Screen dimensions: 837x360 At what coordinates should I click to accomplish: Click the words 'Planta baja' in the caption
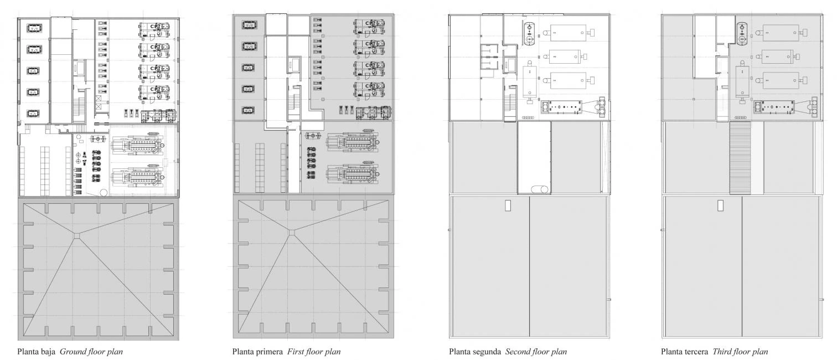tap(36, 352)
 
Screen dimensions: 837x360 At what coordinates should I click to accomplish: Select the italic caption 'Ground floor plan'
tap(91, 352)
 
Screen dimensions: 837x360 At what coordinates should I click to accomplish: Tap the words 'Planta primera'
tap(257, 352)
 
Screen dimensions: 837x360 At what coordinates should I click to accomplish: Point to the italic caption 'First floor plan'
tap(314, 352)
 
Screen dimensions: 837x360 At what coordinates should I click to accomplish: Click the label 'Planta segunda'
tap(475, 352)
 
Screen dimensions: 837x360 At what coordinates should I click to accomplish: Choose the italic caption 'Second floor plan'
tap(536, 352)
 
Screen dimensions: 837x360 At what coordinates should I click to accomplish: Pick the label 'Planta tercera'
tap(684, 352)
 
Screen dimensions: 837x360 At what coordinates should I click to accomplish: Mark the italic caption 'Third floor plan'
tap(740, 352)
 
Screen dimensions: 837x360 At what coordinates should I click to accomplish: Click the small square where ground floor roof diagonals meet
tap(76, 235)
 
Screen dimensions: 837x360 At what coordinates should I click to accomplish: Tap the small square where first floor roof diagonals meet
tap(292, 233)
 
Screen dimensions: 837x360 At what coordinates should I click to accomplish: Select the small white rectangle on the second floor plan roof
tap(508, 205)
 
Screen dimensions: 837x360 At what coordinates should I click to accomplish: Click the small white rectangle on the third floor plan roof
tap(720, 205)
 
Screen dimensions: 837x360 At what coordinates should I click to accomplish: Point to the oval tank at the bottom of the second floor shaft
tap(540, 189)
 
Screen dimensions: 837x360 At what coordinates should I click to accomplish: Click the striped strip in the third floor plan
tap(740, 158)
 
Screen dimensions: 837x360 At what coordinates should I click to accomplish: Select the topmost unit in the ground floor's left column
tap(34, 28)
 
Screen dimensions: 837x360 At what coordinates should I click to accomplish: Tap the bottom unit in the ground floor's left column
tap(33, 113)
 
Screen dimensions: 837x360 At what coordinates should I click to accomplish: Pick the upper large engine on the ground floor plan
tap(137, 144)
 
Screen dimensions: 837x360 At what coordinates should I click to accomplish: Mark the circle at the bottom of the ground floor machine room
tap(104, 193)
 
